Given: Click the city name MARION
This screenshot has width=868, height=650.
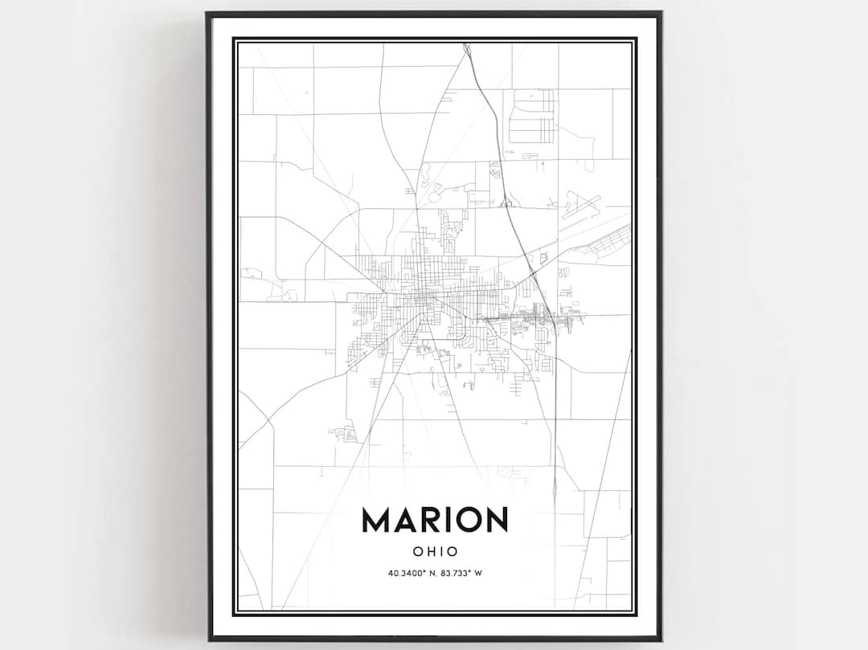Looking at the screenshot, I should point(435,520).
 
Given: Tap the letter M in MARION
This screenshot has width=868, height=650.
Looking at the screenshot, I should point(378,520).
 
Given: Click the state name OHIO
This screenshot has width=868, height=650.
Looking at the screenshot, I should point(435,552).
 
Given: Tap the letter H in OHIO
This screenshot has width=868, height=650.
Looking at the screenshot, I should point(430,552).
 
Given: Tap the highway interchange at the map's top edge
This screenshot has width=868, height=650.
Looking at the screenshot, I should point(467,50).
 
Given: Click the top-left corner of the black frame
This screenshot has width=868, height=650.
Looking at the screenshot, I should point(207,14).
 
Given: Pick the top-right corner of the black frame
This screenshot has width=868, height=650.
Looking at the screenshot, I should point(661,14).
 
